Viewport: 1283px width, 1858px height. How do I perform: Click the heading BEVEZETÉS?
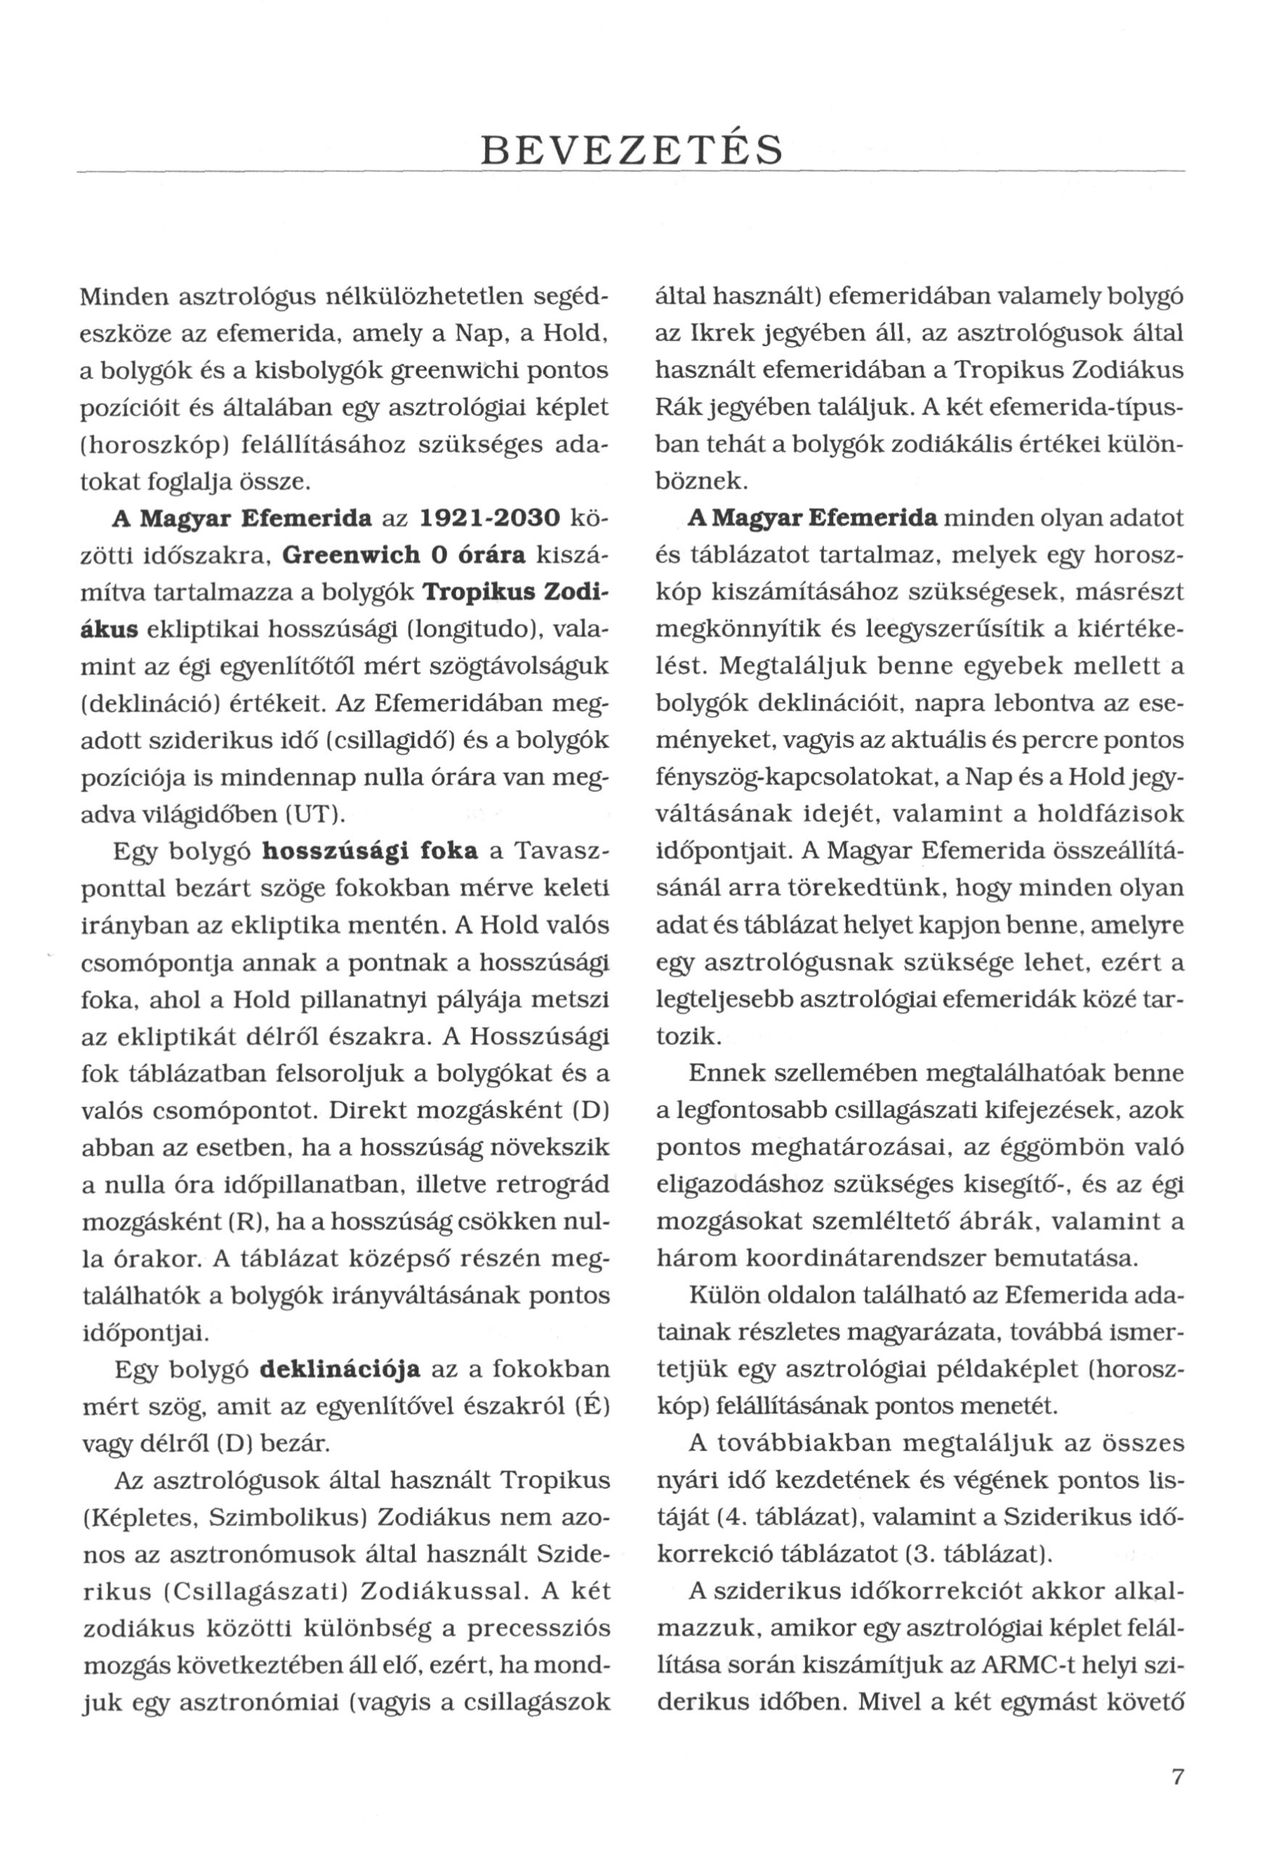630,150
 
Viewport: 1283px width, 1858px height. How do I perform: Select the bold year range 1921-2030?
490,519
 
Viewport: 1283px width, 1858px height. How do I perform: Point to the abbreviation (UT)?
316,815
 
